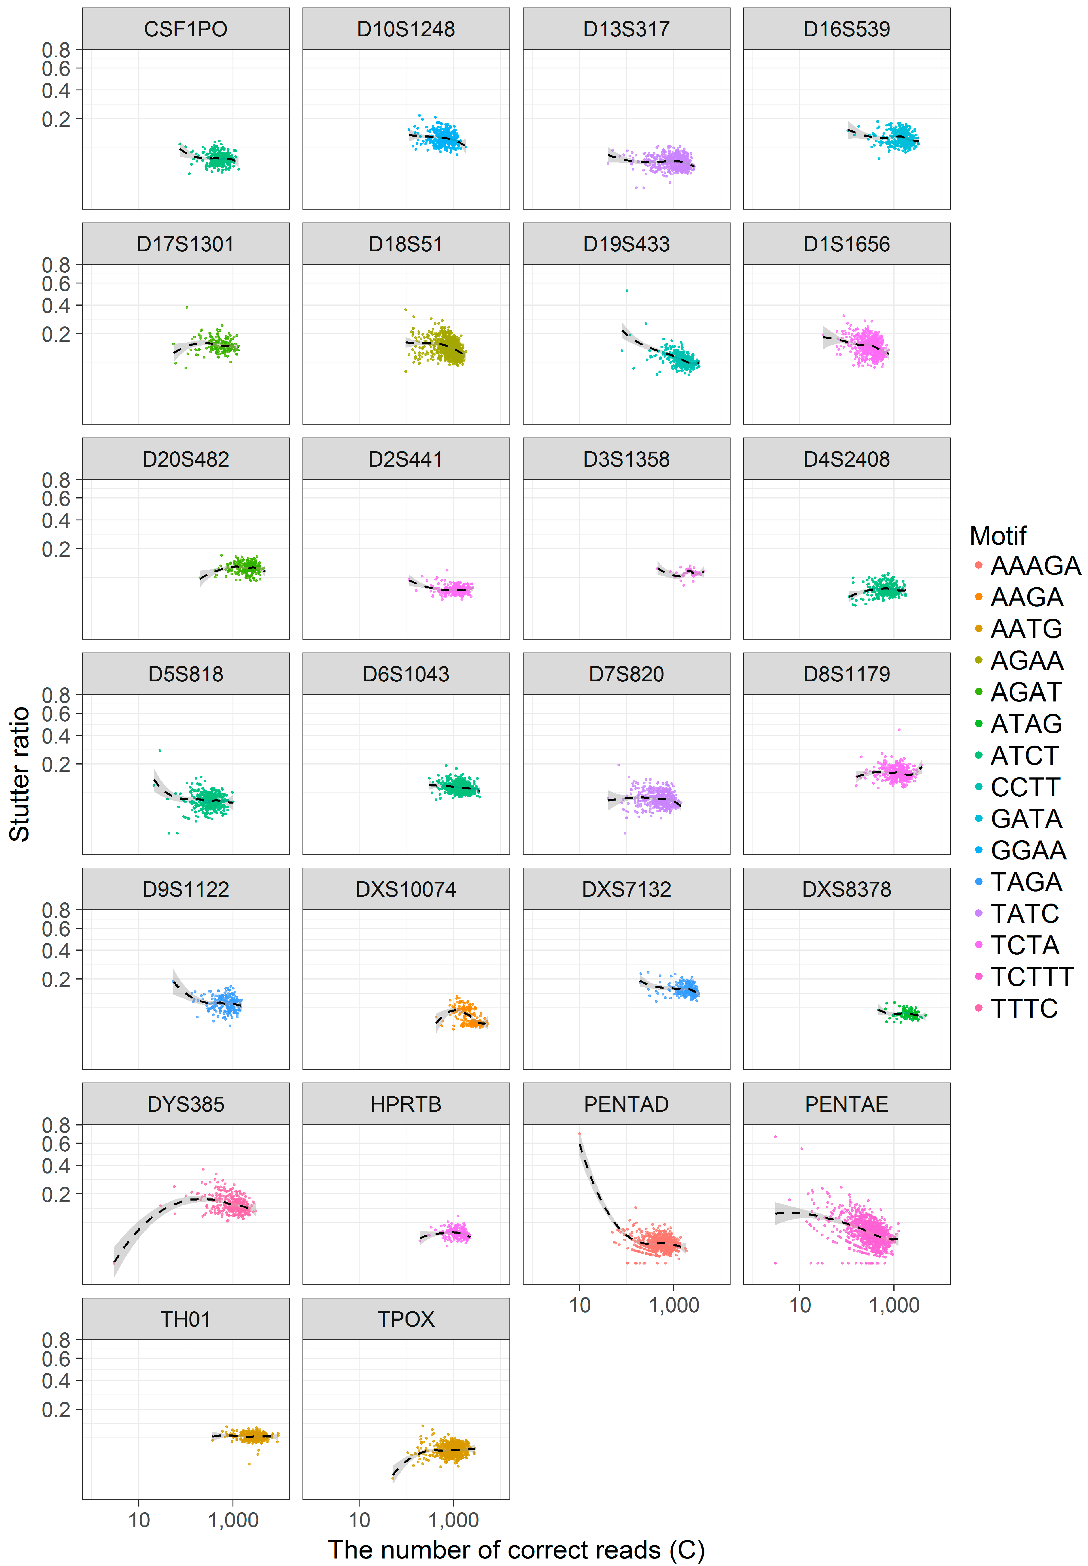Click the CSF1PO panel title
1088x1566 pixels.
pos(185,29)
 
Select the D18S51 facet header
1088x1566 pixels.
pos(406,244)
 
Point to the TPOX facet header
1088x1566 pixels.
pos(406,1319)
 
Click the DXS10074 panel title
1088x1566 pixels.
pos(406,889)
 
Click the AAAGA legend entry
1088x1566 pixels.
pos(1035,566)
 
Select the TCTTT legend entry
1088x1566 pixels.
pos(1032,977)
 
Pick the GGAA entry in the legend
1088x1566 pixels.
pos(1028,850)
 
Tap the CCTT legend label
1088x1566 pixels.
pos(1025,787)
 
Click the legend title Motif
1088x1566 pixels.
pos(997,536)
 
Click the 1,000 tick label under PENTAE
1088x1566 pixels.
pos(894,1305)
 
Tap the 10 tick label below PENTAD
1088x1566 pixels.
pos(579,1305)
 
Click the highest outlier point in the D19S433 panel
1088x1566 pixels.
pos(627,291)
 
